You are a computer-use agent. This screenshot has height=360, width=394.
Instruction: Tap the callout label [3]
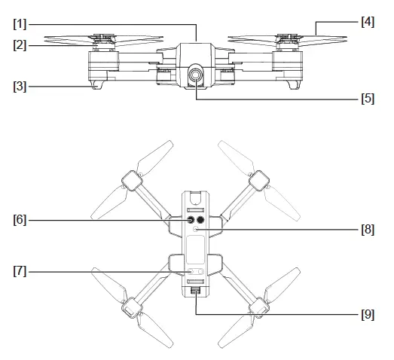(21, 86)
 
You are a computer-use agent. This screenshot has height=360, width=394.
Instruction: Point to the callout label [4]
(367, 22)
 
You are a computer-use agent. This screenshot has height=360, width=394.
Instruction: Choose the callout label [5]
(367, 98)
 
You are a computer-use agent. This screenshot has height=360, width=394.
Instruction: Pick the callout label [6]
(21, 220)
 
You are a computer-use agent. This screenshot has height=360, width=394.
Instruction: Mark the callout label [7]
(21, 271)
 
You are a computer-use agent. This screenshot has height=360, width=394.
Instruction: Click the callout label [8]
(367, 230)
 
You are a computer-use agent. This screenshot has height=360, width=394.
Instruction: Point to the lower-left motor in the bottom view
(132, 306)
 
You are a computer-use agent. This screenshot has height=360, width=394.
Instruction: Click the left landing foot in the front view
(96, 85)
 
